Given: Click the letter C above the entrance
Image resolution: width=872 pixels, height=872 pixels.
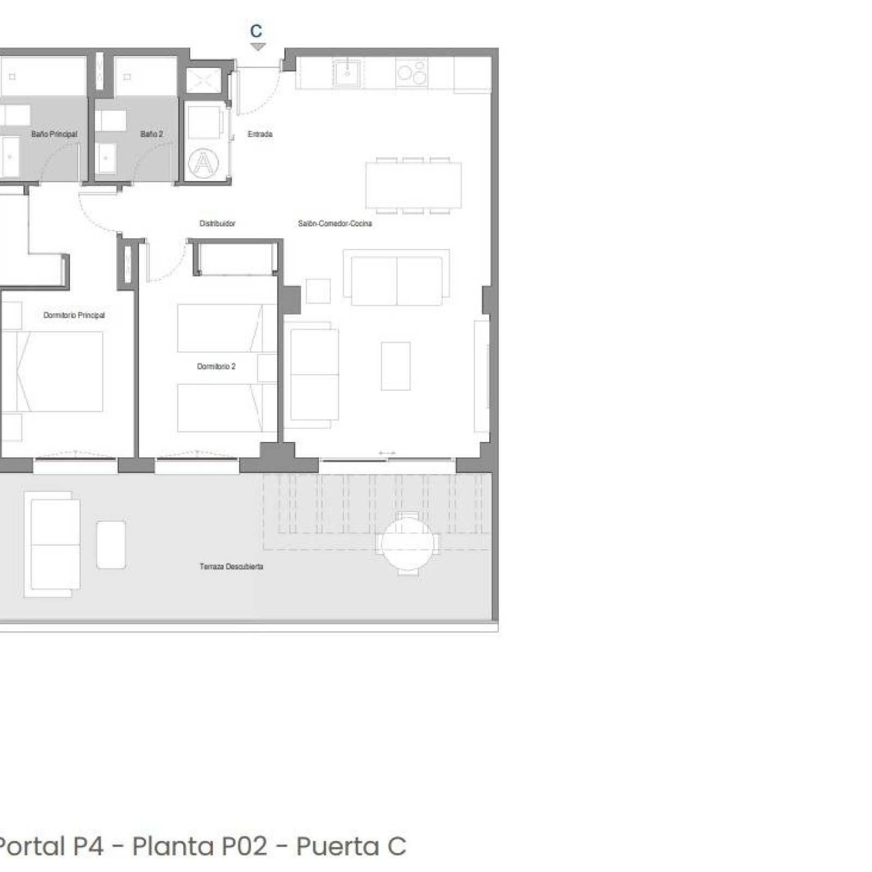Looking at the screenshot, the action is [x=256, y=31].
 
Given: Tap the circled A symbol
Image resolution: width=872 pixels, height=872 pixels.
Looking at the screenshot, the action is [x=203, y=162].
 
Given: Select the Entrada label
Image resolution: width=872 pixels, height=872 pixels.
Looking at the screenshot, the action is [x=260, y=134].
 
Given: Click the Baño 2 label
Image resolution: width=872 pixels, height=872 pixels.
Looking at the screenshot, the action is [x=152, y=134].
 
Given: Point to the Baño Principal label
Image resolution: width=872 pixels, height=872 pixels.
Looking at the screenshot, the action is [x=54, y=134].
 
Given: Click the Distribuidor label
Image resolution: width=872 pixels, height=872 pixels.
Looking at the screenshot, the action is [x=217, y=223].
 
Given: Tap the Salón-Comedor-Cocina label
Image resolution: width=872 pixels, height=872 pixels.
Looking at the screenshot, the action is [x=335, y=223].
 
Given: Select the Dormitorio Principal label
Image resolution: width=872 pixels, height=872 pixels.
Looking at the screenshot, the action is [x=74, y=315].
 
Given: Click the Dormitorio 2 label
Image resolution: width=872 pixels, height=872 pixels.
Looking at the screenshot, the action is [x=216, y=366].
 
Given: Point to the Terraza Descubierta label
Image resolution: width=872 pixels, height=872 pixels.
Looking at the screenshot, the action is [x=232, y=567].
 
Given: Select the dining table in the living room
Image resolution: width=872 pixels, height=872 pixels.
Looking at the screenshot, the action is [x=414, y=185].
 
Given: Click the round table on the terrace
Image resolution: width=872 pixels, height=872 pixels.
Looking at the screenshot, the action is [x=407, y=543].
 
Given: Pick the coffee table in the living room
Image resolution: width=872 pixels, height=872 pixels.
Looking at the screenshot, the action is [x=396, y=366].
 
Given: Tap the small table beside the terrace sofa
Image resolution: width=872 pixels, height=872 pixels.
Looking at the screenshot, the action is [x=111, y=545].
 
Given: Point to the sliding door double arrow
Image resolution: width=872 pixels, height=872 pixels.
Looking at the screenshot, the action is [x=387, y=453].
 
